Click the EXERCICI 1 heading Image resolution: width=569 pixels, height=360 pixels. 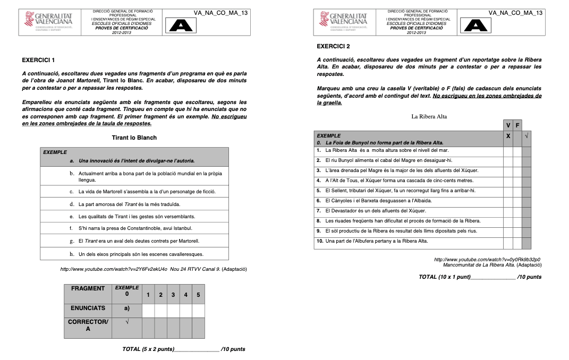38,60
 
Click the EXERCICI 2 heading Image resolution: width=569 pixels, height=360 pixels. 333,46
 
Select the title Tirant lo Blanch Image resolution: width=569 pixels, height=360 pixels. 134,138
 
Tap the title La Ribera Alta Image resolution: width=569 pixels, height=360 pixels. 429,116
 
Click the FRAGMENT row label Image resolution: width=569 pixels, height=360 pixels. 88,289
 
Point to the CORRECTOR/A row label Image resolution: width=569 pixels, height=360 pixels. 88,325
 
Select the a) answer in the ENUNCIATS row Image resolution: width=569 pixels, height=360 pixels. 126,308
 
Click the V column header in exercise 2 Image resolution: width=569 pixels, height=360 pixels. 508,125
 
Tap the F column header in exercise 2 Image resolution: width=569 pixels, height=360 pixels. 517,125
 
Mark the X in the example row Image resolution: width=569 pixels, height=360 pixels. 508,136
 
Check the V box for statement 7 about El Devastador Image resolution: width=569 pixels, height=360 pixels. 508,211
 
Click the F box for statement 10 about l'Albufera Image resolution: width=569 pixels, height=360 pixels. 517,241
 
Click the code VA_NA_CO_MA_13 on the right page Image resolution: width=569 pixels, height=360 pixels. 515,12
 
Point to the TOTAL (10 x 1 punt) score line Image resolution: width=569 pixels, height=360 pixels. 480,277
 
